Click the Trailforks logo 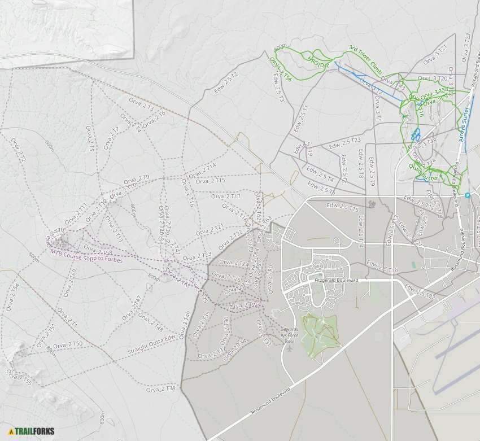coord(32,431)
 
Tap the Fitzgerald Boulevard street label coord(337,280)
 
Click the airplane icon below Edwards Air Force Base coord(290,348)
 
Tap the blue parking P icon coord(468,195)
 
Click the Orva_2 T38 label coord(161,389)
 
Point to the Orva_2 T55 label coord(19,377)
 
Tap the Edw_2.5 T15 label coord(342,207)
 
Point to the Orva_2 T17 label coord(226,197)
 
